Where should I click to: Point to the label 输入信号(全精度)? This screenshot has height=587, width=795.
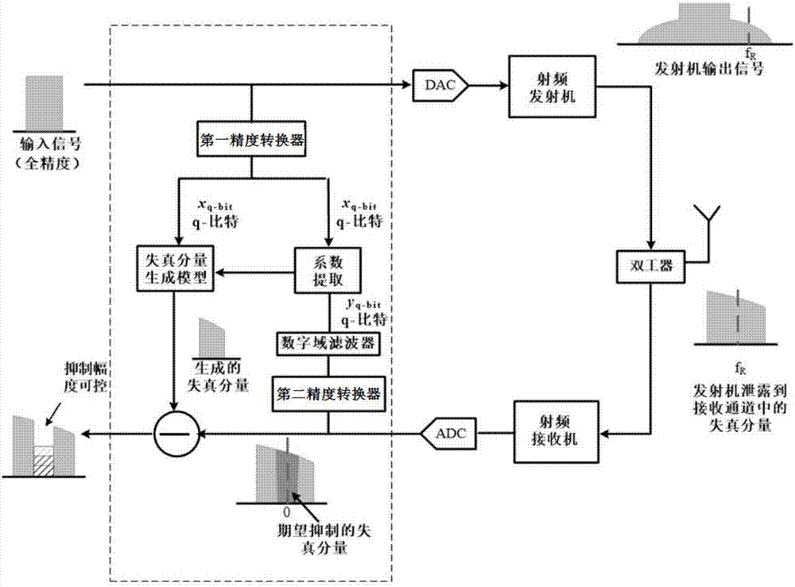click(x=44, y=152)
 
